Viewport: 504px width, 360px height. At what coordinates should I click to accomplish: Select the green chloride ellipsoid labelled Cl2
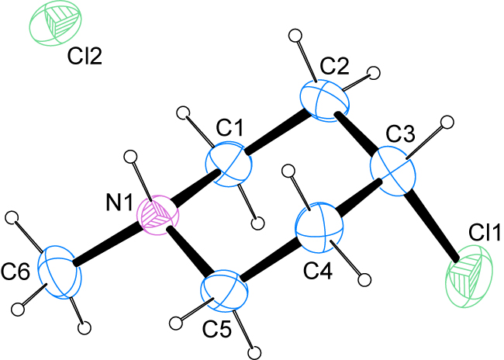(x=55, y=22)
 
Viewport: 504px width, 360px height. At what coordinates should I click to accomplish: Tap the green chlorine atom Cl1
(x=468, y=275)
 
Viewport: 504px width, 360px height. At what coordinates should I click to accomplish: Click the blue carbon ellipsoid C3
(x=393, y=171)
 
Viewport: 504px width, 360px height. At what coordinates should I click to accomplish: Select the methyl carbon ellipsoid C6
(x=58, y=272)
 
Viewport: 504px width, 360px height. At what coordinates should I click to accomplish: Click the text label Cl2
(x=85, y=57)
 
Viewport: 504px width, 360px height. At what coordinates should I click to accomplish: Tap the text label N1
(x=119, y=203)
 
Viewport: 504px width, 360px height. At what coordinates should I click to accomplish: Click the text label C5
(x=216, y=329)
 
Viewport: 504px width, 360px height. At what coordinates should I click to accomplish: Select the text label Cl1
(x=485, y=232)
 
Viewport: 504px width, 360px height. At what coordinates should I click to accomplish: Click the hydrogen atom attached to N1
(x=131, y=157)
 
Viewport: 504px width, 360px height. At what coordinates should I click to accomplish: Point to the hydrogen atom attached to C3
(x=447, y=123)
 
